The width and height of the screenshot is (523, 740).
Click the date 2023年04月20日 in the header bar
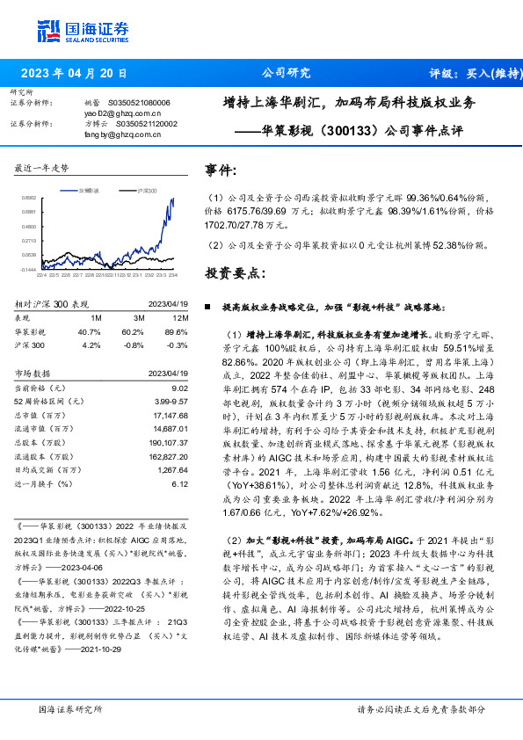point(73,73)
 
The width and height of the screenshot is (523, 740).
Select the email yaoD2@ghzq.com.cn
point(123,113)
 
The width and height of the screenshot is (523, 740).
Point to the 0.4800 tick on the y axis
point(28,225)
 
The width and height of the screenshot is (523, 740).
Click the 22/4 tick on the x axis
point(40,273)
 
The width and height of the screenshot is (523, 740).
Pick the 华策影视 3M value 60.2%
point(132,331)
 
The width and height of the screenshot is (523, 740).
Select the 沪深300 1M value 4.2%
point(91,345)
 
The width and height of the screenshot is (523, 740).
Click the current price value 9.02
point(181,387)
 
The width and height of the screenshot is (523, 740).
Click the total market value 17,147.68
point(170,413)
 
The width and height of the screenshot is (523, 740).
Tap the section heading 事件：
point(222,169)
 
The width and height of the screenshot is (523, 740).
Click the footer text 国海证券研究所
point(68,709)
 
